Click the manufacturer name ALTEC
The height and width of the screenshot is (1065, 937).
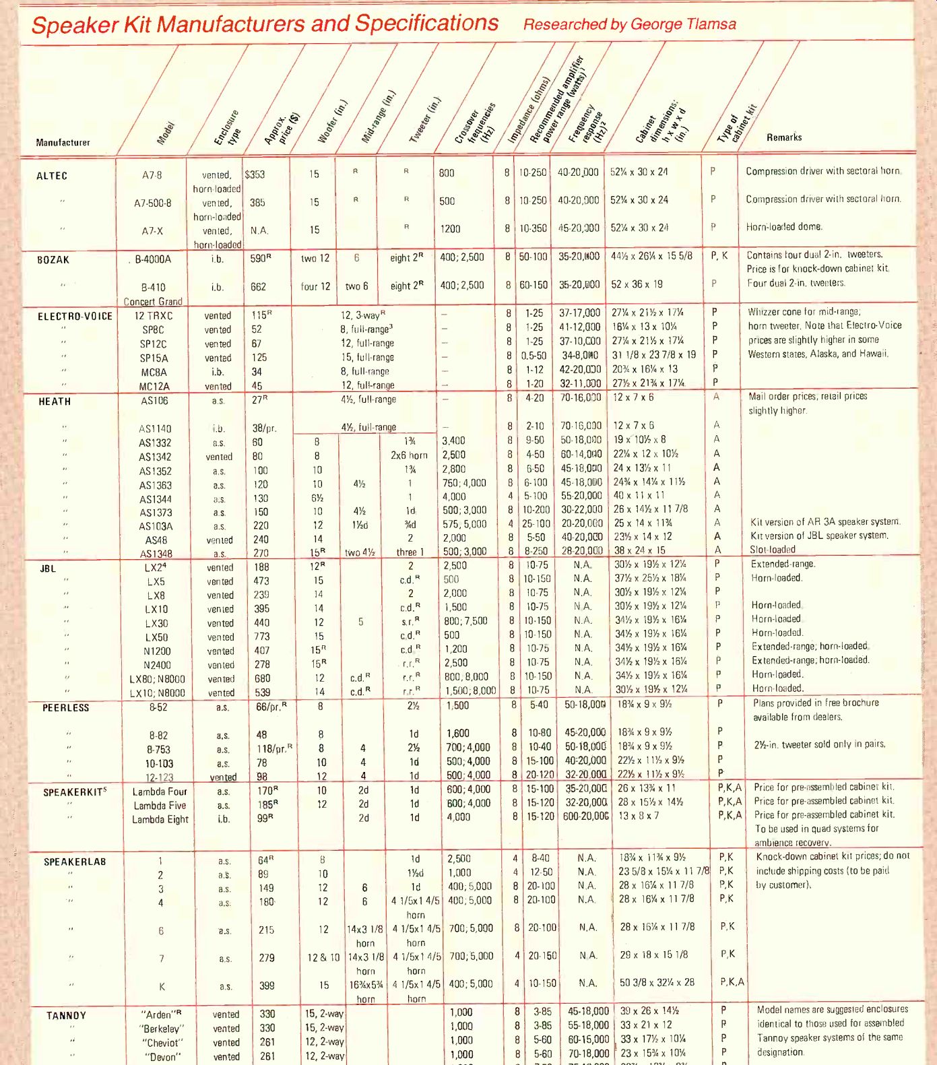[52, 176]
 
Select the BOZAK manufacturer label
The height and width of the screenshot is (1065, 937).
[53, 260]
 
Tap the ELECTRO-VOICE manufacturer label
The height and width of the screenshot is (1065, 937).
[75, 316]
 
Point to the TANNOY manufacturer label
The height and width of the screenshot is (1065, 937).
[66, 1016]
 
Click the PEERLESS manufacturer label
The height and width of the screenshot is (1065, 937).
[65, 708]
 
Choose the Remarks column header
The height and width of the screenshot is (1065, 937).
[784, 137]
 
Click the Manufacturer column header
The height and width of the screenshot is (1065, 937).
[63, 143]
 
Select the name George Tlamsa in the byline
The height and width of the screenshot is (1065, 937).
[683, 24]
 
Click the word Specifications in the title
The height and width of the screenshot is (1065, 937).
[426, 23]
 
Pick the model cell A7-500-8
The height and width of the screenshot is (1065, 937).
[152, 203]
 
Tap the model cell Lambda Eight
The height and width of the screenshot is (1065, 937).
[160, 819]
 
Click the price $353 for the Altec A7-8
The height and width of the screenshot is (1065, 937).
[255, 174]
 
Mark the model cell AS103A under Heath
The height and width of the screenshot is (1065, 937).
[156, 526]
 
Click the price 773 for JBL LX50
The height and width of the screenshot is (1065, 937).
[261, 637]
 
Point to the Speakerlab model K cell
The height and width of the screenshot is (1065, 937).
[162, 986]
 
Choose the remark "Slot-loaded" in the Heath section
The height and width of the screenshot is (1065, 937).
[773, 550]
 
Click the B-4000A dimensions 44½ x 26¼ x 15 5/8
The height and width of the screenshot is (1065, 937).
[651, 256]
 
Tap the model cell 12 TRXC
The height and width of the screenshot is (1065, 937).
[153, 315]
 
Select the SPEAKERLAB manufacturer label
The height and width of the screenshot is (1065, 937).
[75, 862]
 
